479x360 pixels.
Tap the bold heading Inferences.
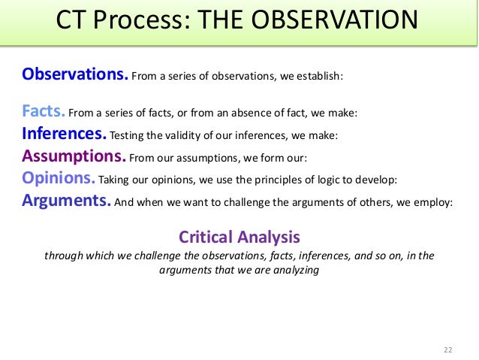click(x=64, y=135)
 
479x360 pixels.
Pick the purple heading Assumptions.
click(x=74, y=157)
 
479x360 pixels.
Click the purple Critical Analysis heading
click(x=239, y=237)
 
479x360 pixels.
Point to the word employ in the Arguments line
click(x=434, y=202)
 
